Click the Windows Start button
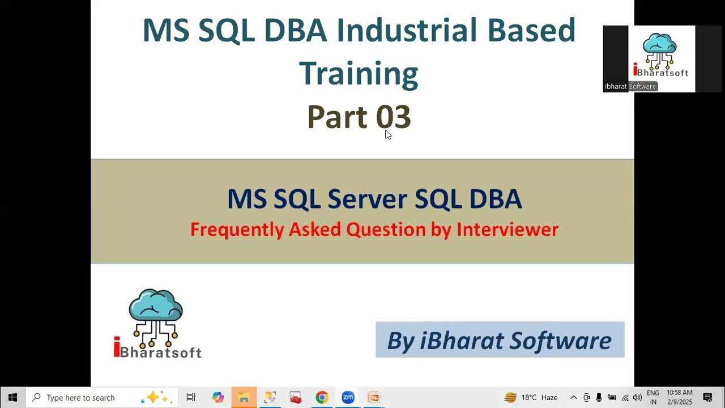[12, 397]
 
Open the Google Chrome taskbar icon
[322, 397]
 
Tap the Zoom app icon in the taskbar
[348, 397]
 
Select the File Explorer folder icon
[244, 397]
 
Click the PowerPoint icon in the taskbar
[373, 397]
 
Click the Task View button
[191, 397]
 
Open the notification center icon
[707, 397]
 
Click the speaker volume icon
[637, 397]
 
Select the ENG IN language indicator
[652, 397]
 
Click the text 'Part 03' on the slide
[359, 117]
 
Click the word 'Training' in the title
[359, 74]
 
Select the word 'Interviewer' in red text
[507, 229]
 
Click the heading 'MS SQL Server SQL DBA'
[374, 199]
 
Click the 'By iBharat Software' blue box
[500, 340]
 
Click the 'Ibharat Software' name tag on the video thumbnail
[630, 87]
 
